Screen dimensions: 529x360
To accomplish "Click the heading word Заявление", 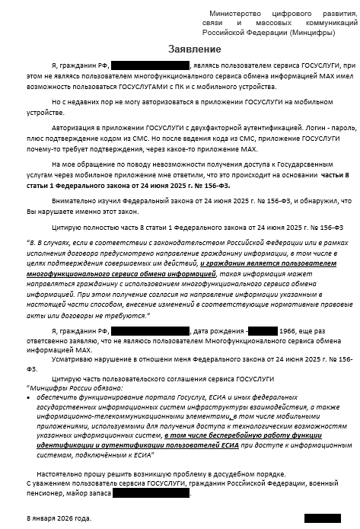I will (195, 49).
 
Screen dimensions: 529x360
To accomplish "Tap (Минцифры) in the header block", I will (311, 33).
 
